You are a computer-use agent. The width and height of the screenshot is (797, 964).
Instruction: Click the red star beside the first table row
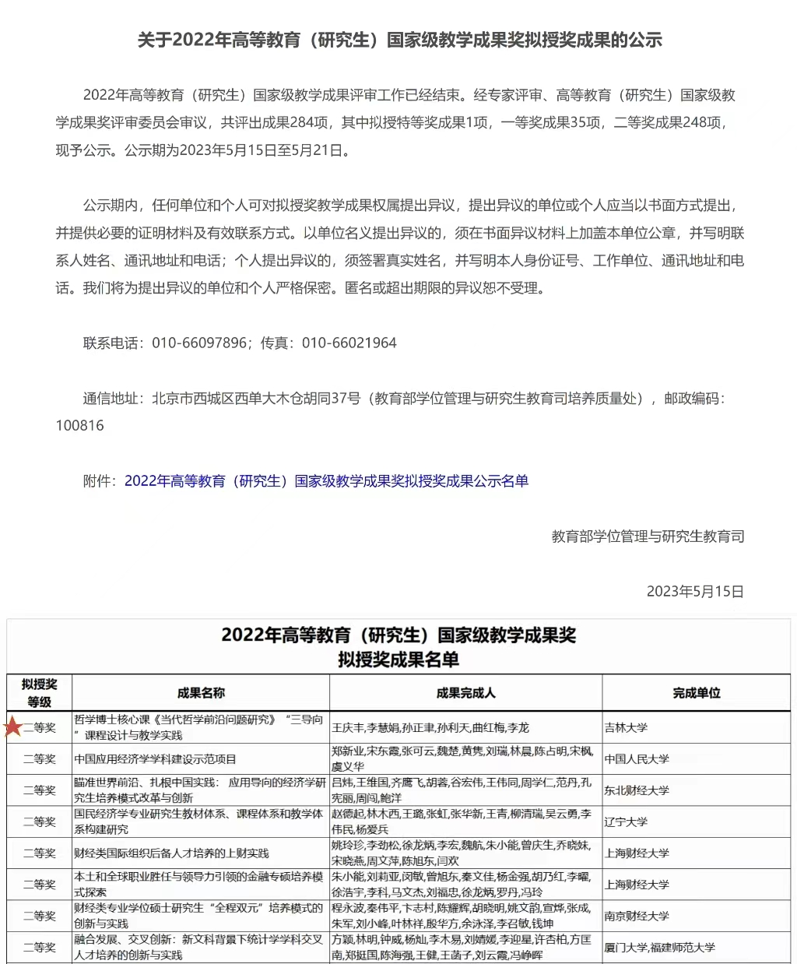(x=13, y=727)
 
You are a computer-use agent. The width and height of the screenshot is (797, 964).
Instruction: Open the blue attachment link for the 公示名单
(x=326, y=481)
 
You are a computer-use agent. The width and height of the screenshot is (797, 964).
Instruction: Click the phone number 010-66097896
(x=199, y=343)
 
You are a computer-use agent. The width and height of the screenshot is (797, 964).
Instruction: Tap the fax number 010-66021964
(x=349, y=343)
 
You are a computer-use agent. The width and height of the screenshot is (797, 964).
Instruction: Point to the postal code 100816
(x=79, y=426)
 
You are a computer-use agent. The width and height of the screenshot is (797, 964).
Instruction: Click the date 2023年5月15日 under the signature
(x=695, y=592)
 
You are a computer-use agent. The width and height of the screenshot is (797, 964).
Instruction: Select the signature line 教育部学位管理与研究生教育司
(x=648, y=537)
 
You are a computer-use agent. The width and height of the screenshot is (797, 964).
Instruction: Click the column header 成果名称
(x=201, y=693)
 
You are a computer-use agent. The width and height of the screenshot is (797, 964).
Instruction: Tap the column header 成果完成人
(x=465, y=693)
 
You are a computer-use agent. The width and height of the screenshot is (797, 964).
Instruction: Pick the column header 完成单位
(x=697, y=693)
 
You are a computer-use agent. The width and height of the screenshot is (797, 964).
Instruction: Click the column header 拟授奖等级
(x=39, y=693)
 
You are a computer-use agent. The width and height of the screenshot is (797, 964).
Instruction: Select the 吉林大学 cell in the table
(x=626, y=728)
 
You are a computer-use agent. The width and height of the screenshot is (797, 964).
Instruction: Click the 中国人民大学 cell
(x=637, y=759)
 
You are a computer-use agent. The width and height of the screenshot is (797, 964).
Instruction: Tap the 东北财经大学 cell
(x=637, y=790)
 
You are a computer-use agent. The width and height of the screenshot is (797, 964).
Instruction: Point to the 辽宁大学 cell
(x=626, y=822)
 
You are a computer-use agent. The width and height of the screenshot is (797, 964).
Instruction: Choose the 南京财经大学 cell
(x=637, y=916)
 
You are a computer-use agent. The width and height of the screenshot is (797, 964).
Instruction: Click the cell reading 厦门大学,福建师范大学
(x=659, y=948)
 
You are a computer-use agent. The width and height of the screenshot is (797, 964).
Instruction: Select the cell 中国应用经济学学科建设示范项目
(x=155, y=759)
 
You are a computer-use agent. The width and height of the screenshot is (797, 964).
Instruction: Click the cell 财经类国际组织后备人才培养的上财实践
(x=171, y=853)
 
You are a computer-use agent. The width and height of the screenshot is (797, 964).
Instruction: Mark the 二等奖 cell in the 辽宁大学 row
(x=39, y=822)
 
